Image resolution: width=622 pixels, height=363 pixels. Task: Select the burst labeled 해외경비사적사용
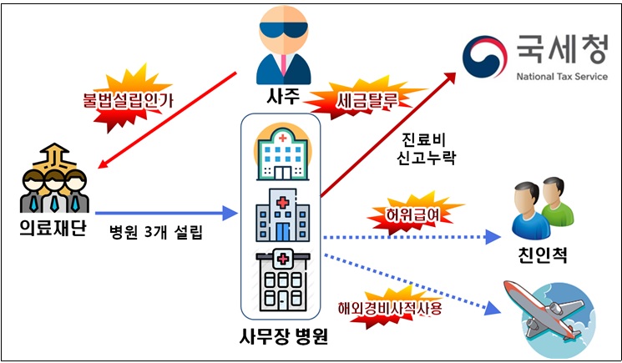388,306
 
